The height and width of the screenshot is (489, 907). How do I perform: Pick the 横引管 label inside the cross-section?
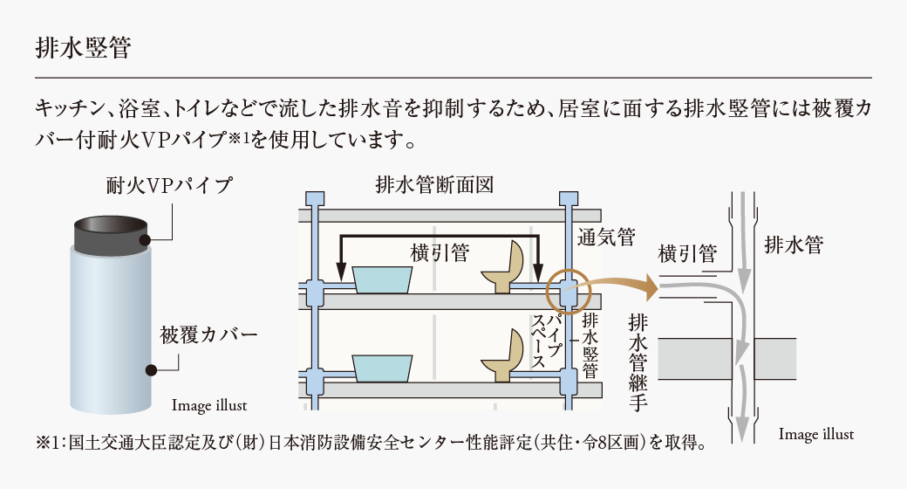pyautogui.click(x=440, y=252)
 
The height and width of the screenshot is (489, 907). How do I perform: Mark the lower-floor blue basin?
pyautogui.click(x=382, y=367)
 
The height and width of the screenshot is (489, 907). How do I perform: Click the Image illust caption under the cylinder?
pyautogui.click(x=209, y=404)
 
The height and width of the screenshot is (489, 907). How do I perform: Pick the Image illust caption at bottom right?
pyautogui.click(x=815, y=434)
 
